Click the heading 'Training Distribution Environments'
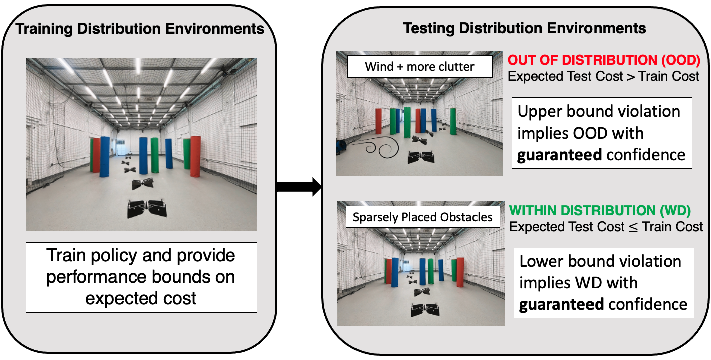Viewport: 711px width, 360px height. [x=140, y=29]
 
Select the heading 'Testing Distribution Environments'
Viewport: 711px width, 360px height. [x=525, y=28]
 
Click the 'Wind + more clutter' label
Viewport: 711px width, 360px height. [x=419, y=67]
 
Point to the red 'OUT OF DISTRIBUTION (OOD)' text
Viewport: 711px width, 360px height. [x=604, y=60]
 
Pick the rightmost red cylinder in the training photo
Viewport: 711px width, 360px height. [x=195, y=156]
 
